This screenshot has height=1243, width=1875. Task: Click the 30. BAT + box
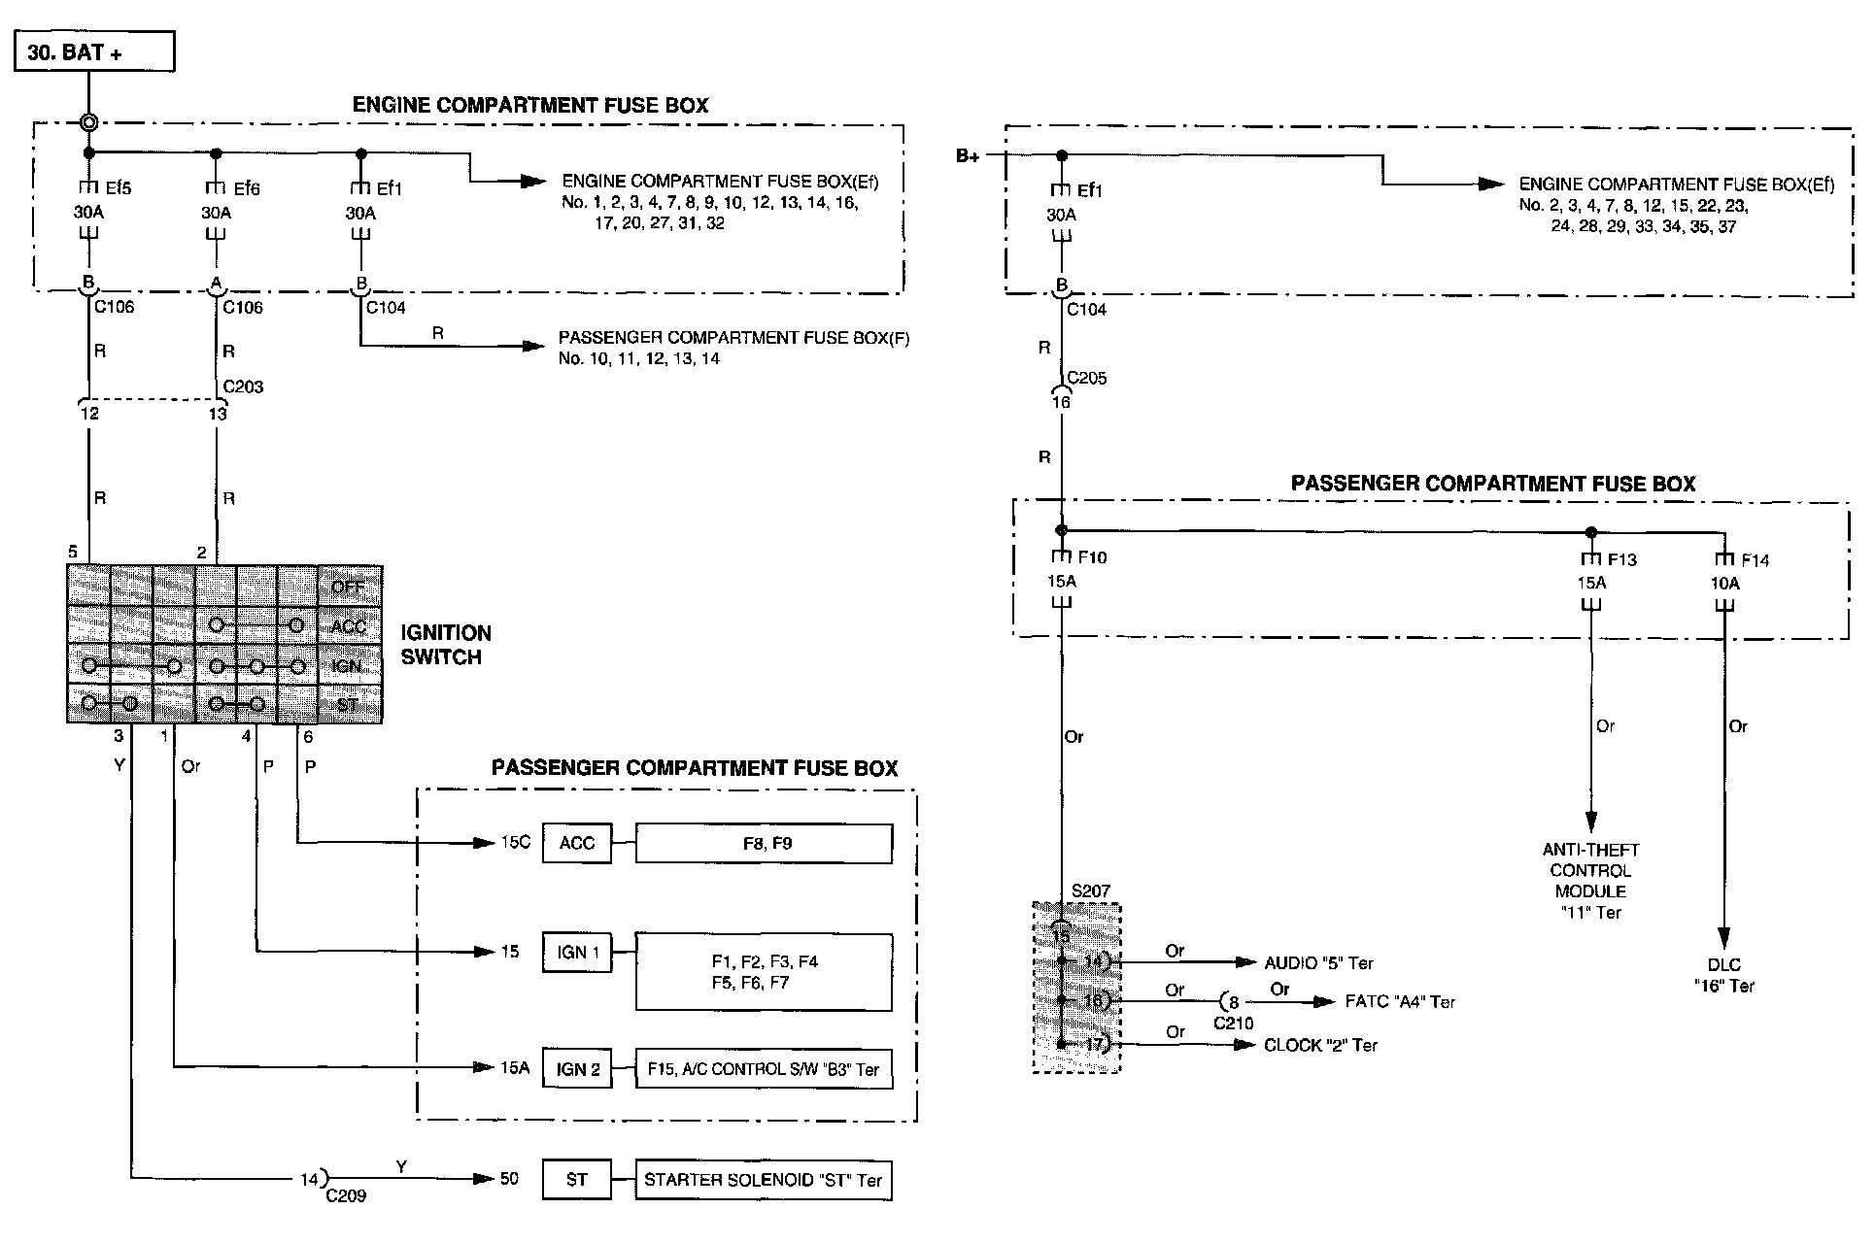point(93,51)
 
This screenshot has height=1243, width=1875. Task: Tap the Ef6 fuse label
point(247,188)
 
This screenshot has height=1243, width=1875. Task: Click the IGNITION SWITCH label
point(446,645)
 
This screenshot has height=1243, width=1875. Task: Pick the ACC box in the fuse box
point(576,843)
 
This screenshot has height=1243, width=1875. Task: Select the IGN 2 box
point(577,1069)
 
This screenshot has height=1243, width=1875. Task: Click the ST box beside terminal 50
point(577,1180)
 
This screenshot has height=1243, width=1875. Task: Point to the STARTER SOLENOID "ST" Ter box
point(763,1180)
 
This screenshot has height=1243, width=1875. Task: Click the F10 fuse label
point(1092,557)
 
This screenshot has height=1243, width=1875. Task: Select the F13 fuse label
point(1621,559)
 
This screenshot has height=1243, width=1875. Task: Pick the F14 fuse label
point(1756,560)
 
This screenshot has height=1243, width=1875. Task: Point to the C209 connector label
point(346,1196)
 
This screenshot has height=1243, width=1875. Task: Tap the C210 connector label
point(1234,1023)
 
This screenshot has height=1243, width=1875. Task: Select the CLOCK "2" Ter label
point(1320,1045)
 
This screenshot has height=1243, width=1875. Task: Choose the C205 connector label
point(1087,378)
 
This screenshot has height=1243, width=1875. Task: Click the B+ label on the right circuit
point(968,156)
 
